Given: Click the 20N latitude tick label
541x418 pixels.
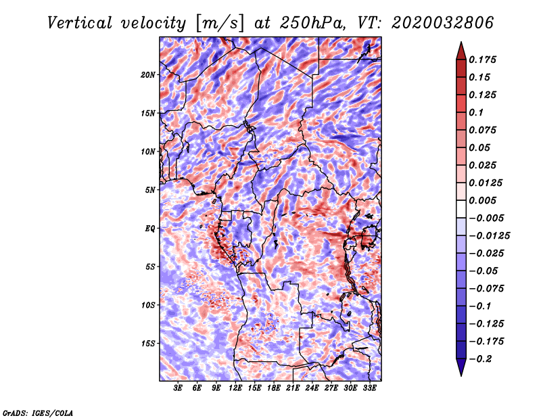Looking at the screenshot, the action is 148,74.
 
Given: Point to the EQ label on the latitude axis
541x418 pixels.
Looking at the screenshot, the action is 150,229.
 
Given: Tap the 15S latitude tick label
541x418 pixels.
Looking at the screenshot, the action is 148,344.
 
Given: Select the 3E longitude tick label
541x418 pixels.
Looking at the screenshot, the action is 178,388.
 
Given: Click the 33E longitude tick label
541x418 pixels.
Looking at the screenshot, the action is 369,388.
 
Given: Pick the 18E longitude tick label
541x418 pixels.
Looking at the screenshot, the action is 274,388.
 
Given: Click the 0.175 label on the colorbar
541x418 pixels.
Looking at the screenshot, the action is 482,60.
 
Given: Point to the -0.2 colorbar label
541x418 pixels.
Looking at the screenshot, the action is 480,359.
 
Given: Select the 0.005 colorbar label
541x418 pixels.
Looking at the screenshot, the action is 482,200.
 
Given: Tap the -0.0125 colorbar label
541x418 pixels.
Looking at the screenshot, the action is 489,236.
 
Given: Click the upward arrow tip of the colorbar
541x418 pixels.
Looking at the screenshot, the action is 461,42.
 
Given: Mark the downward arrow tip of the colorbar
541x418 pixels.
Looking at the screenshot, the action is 461,375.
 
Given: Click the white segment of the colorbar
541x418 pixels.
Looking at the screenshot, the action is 461,209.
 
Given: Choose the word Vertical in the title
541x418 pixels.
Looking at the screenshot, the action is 79,23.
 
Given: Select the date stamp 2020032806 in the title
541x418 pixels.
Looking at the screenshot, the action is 443,23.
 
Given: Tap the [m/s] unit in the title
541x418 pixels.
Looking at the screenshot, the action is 220,24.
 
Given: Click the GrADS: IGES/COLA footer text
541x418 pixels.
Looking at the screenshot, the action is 38,413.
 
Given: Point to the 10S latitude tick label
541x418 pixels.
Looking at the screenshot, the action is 148,305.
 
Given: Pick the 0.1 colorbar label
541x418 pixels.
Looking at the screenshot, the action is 476,112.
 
